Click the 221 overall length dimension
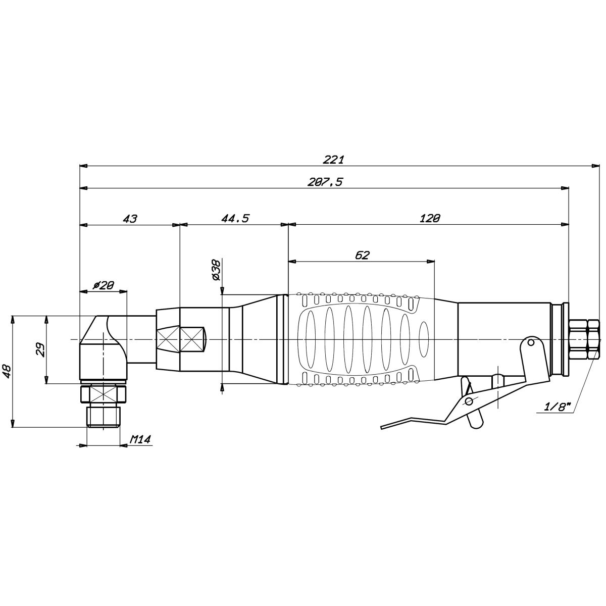click(x=334, y=160)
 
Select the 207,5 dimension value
click(x=325, y=182)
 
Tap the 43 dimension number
click(x=130, y=219)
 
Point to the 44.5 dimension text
click(x=235, y=218)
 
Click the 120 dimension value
click(x=430, y=218)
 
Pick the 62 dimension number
click(x=362, y=255)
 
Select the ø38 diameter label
click(x=217, y=270)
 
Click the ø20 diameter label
click(x=104, y=285)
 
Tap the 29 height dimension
click(x=40, y=349)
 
